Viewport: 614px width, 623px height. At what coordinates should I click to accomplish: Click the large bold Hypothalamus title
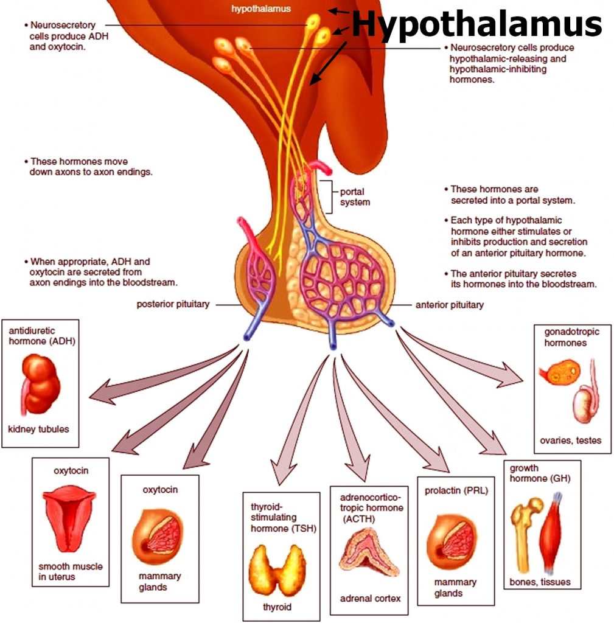pyautogui.click(x=476, y=24)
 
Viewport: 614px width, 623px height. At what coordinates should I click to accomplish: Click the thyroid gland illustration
pyautogui.click(x=277, y=569)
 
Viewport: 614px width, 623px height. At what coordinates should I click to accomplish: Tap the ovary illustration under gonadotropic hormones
pyautogui.click(x=557, y=374)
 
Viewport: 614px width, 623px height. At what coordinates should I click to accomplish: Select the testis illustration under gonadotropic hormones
pyautogui.click(x=585, y=402)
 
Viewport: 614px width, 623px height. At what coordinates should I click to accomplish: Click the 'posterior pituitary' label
pyautogui.click(x=172, y=304)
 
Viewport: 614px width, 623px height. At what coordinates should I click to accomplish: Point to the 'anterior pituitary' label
pyautogui.click(x=449, y=304)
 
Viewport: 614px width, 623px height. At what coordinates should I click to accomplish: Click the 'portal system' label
pyautogui.click(x=355, y=197)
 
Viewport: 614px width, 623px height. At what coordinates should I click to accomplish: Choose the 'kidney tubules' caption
pyautogui.click(x=38, y=429)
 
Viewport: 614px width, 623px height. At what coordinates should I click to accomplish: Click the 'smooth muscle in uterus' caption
pyautogui.click(x=71, y=571)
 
